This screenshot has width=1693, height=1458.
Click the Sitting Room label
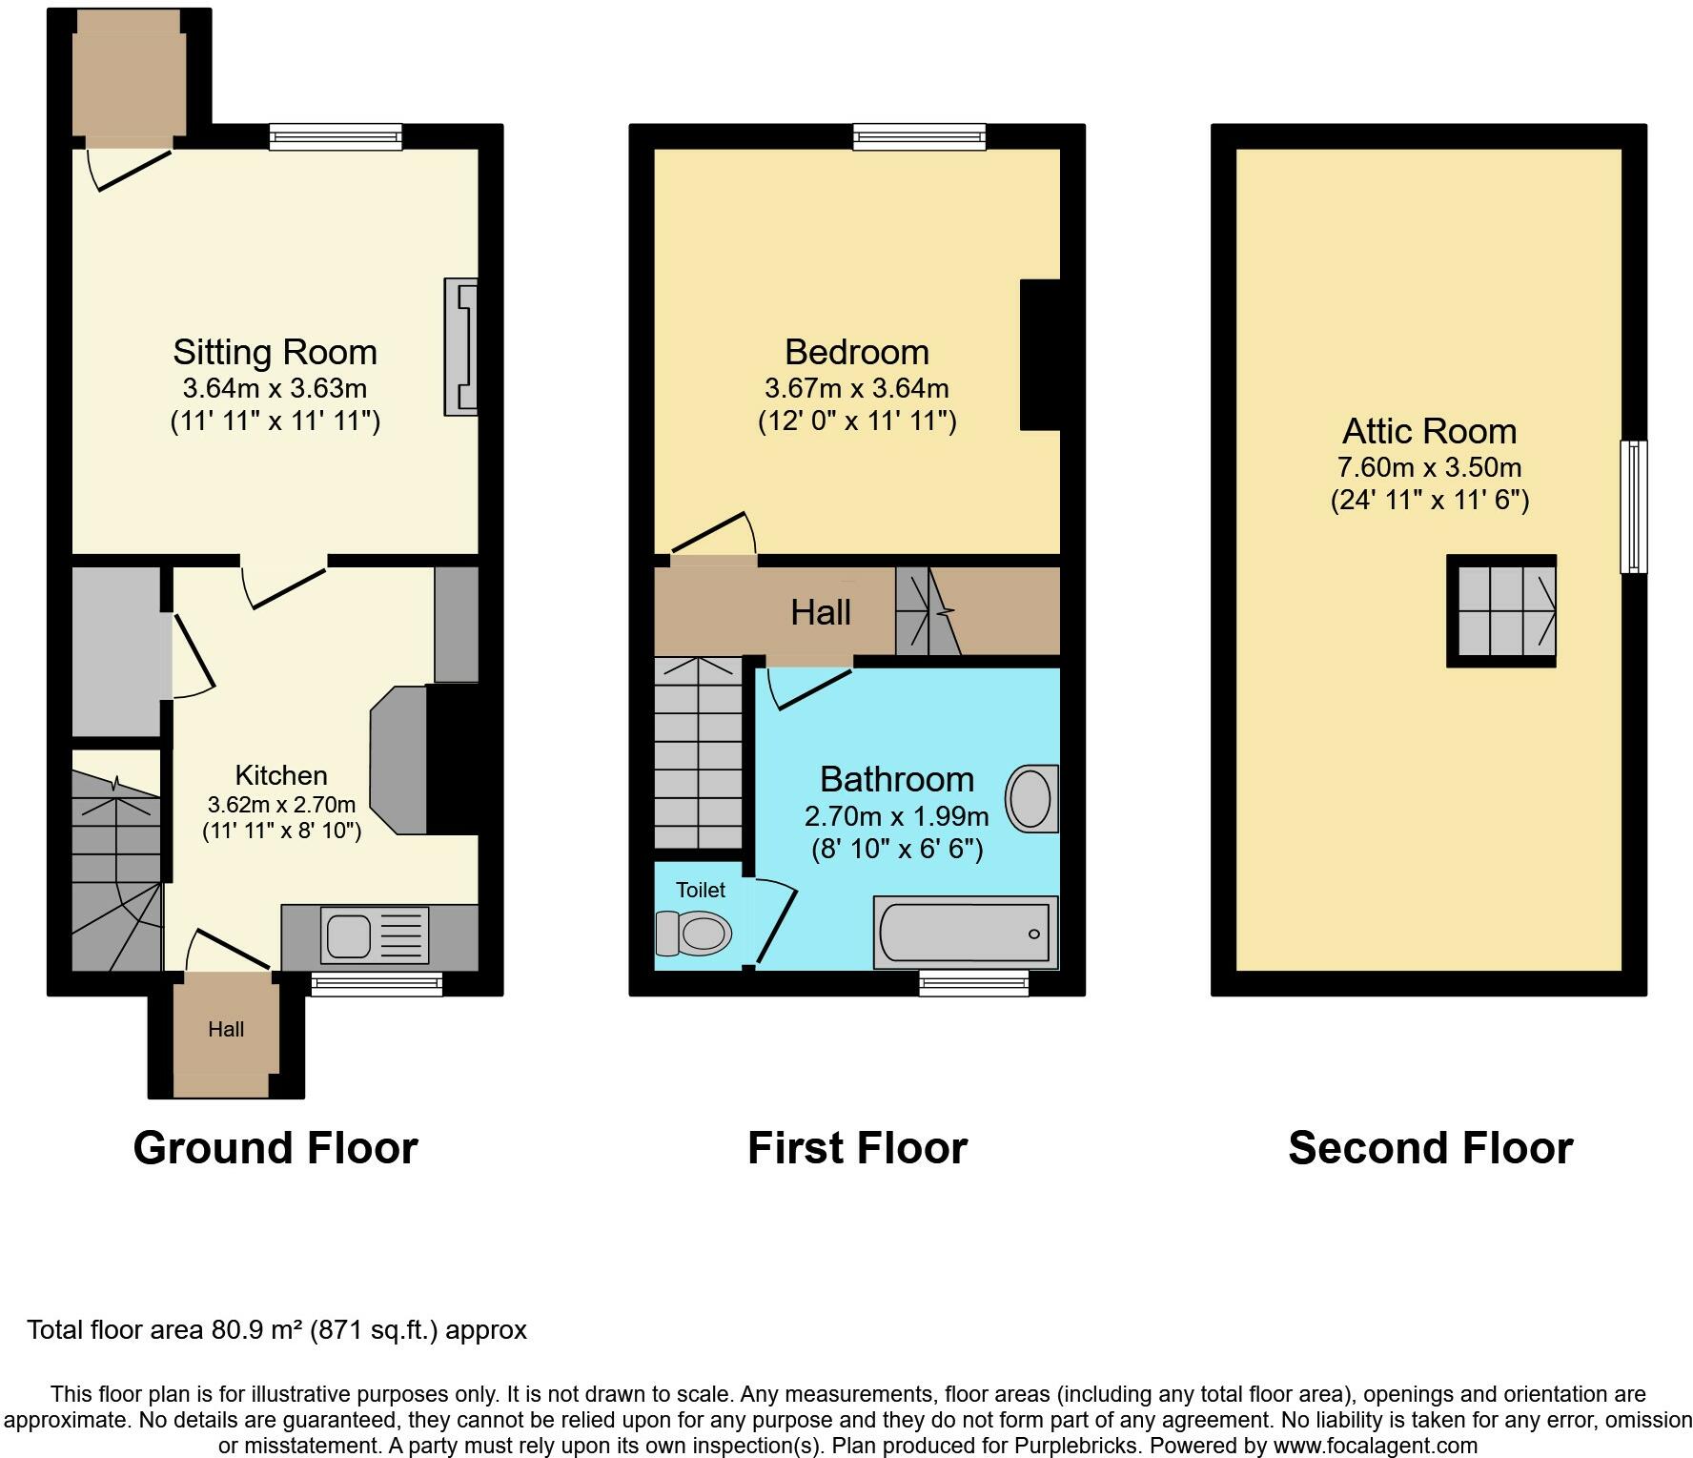point(275,352)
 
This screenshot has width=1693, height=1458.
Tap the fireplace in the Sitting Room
point(460,347)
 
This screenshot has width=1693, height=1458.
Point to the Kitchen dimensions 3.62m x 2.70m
point(281,804)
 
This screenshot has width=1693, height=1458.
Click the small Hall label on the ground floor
point(226,1029)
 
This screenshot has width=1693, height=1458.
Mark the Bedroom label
point(856,352)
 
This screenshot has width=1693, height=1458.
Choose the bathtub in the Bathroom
point(967,933)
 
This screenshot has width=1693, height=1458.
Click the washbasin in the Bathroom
point(1032,797)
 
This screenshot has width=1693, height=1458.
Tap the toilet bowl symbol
point(693,932)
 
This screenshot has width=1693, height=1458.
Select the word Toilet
point(701,890)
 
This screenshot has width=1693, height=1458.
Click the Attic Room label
point(1429,431)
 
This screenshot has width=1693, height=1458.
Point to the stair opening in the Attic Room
point(1501,610)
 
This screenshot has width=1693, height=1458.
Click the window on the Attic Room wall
point(1634,506)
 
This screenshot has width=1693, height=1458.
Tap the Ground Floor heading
point(275,1147)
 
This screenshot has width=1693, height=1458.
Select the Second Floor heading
point(1430,1147)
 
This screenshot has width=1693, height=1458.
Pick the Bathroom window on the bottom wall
point(974,982)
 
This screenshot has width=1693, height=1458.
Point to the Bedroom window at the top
point(920,137)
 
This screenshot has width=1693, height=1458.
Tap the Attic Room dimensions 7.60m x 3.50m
point(1429,467)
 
